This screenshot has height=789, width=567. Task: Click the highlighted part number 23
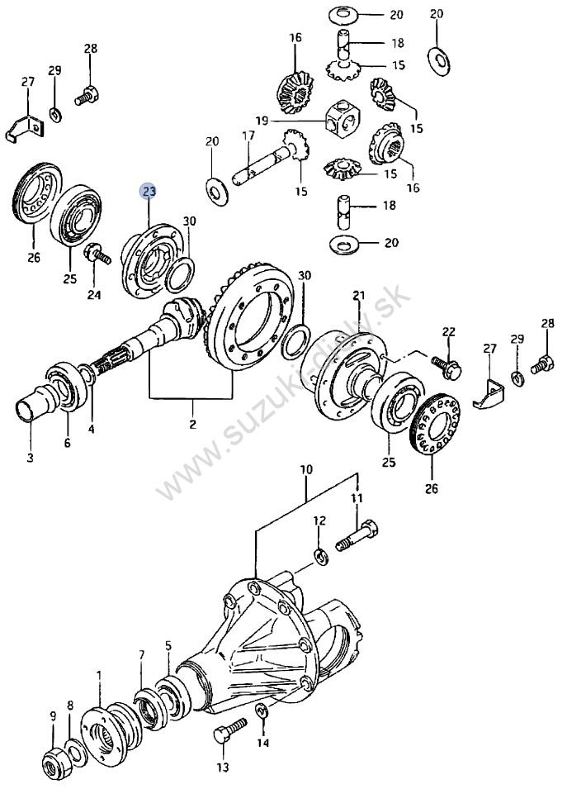pos(149,192)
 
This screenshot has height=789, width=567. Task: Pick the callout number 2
pos(191,425)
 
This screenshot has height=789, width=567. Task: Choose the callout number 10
pos(306,470)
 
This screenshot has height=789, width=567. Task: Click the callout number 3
pos(30,458)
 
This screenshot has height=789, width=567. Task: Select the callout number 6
pos(67,443)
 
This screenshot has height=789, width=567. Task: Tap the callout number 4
pos(91,429)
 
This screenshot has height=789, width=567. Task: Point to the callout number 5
pos(168,645)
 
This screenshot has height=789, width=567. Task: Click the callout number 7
pos(141,655)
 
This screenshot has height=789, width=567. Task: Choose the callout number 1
pos(100,675)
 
